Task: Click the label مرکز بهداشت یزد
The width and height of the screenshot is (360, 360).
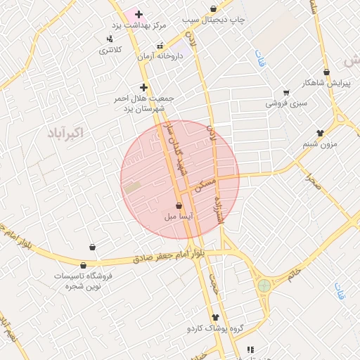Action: pos(141,25)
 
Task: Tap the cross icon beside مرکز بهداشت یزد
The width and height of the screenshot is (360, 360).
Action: pos(139,14)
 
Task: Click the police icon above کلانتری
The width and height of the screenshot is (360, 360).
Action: pos(109,39)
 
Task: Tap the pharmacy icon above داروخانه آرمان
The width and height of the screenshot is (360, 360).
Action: pos(160,46)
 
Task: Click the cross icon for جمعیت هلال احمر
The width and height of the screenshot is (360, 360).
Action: pos(144,88)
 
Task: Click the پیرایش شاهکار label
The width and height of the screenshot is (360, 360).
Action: pos(326,83)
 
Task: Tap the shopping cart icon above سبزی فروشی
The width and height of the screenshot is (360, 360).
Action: pos(285,93)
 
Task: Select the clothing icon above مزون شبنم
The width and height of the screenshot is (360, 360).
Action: pos(320,133)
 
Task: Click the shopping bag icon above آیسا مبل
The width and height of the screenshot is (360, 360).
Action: pos(178,206)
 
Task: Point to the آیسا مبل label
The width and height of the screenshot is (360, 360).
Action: pos(178,217)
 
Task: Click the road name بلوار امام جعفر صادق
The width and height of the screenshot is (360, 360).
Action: pos(169,258)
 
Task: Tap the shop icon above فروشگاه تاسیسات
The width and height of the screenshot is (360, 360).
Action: pos(84,266)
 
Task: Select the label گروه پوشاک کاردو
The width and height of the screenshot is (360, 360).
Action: pos(214,328)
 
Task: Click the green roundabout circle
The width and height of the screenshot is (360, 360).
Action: pos(264,285)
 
